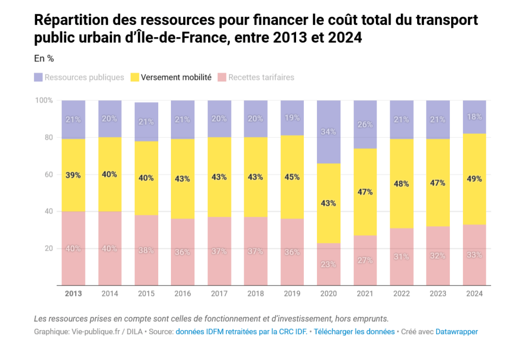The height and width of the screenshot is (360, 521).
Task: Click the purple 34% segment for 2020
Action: coord(329,132)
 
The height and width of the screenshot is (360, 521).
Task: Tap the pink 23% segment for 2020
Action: coord(329,264)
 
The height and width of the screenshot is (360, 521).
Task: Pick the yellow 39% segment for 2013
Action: coord(73,175)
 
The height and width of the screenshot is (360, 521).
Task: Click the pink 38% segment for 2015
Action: coord(147,250)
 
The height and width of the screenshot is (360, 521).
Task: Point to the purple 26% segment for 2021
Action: coord(365,125)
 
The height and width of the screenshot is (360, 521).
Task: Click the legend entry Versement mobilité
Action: coord(170,77)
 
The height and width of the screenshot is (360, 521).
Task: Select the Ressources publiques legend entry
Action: coord(79,77)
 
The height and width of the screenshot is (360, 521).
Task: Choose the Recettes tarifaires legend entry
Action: coord(255,77)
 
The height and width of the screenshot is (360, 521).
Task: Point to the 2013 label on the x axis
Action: coord(73,293)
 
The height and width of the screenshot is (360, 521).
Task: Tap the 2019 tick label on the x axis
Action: coord(293,293)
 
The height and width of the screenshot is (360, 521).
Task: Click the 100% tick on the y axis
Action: coord(43,100)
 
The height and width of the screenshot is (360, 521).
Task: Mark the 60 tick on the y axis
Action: coord(47,174)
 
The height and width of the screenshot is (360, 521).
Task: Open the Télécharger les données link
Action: coord(354,332)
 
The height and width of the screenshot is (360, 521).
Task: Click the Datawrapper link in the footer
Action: coord(456,332)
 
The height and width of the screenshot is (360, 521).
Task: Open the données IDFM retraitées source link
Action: coord(240,332)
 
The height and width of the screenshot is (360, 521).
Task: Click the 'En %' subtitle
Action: coord(44,58)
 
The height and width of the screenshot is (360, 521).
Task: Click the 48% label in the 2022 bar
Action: coord(402,184)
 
